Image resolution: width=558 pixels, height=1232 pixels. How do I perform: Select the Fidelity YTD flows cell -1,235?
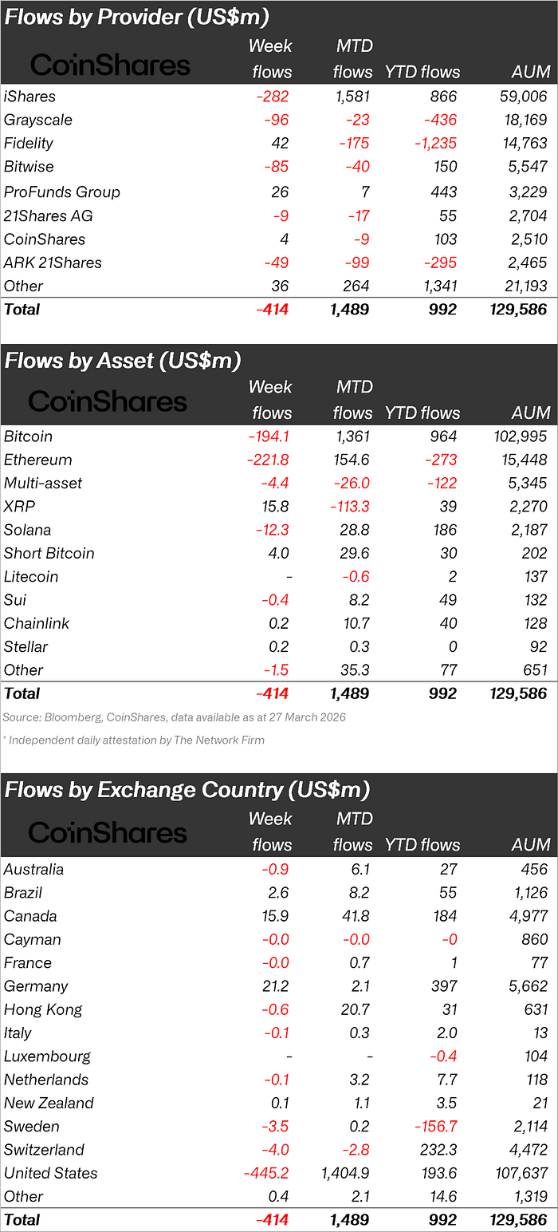tap(429, 144)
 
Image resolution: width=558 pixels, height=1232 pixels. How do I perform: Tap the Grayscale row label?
tap(37, 120)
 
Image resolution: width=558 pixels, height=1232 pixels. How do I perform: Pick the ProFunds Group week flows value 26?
tap(281, 192)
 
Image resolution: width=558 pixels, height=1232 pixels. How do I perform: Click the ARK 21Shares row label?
tap(53, 263)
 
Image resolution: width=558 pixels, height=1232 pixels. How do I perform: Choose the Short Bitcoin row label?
tap(49, 554)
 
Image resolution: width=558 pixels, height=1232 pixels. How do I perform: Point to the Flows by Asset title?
tap(122, 361)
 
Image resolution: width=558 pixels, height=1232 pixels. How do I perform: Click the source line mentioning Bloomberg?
tap(174, 717)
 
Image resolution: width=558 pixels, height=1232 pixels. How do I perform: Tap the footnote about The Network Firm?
tap(133, 740)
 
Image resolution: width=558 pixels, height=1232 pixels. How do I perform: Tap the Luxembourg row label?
tap(47, 1056)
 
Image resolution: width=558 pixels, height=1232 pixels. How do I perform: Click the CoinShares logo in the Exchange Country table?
tap(108, 833)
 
